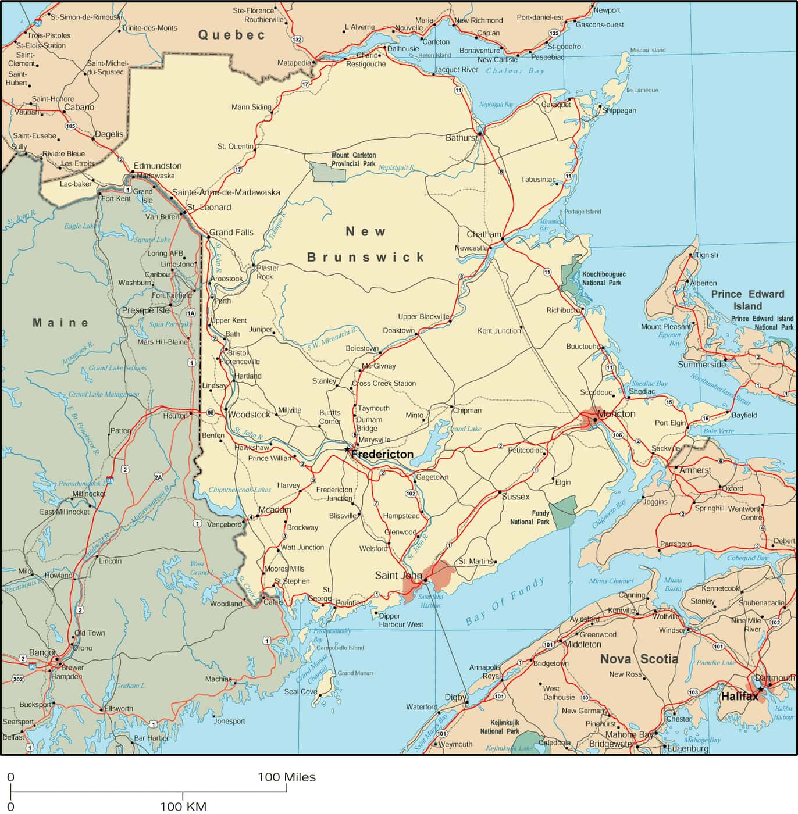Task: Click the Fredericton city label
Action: (x=383, y=454)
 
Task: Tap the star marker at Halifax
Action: (x=760, y=689)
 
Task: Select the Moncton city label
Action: (x=616, y=414)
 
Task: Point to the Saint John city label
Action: (x=398, y=575)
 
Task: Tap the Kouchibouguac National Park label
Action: (x=603, y=278)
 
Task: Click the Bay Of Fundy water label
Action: (x=505, y=601)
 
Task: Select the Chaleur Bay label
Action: (x=515, y=71)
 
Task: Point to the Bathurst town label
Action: (x=461, y=138)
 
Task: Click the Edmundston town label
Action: (x=158, y=166)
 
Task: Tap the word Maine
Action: (x=60, y=323)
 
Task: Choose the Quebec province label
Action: (x=231, y=35)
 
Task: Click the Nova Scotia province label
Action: (x=639, y=659)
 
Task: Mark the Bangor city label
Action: (x=42, y=652)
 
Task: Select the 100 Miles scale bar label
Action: (x=287, y=777)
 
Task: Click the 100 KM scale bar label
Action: (x=183, y=806)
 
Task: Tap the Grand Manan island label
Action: (x=355, y=673)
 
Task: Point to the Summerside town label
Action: (x=701, y=365)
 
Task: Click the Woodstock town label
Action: (x=249, y=415)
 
